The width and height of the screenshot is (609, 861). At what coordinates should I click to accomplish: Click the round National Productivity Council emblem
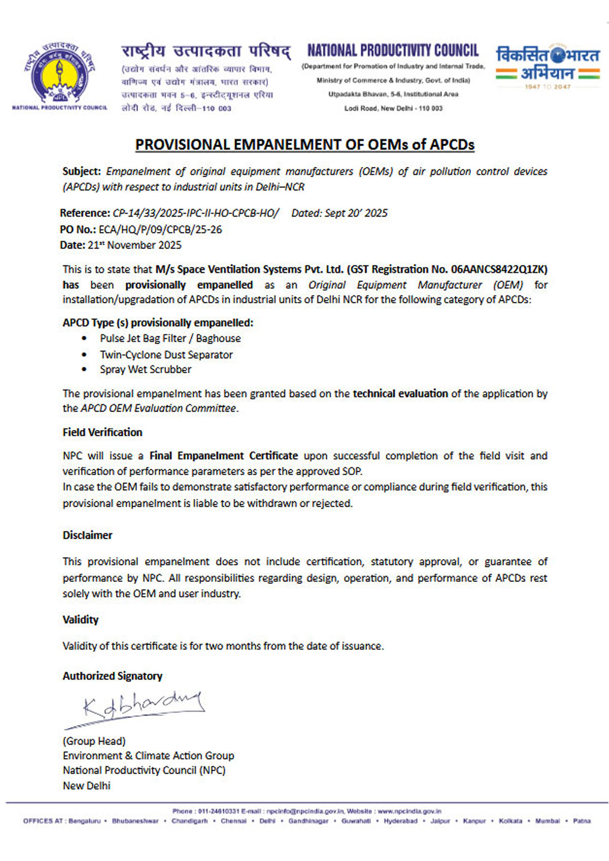click(59, 74)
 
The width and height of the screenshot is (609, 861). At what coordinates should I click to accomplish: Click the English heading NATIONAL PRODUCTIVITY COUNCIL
click(393, 50)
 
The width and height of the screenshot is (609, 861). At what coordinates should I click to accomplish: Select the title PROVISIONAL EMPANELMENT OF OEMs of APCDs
click(304, 145)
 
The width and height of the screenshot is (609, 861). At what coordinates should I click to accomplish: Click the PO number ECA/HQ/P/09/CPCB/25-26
click(160, 229)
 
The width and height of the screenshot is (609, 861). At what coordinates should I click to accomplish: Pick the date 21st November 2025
click(134, 245)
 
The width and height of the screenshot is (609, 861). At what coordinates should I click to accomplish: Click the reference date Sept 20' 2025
click(356, 213)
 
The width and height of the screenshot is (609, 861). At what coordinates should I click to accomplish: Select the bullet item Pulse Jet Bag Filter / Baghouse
click(170, 338)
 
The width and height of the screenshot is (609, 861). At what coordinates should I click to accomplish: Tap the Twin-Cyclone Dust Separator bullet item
click(166, 355)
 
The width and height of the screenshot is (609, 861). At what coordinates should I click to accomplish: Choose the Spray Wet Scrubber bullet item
click(146, 369)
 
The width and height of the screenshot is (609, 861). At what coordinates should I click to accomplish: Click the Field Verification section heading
click(103, 432)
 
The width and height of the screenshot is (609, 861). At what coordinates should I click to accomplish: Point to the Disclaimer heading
click(87, 535)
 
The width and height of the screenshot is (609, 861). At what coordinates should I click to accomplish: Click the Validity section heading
click(80, 619)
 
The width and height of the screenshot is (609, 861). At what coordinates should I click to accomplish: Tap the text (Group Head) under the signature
click(94, 741)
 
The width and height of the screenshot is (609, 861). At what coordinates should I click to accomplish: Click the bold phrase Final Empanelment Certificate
click(223, 456)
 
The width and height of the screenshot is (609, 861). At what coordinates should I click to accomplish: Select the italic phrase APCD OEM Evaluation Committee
click(158, 408)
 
